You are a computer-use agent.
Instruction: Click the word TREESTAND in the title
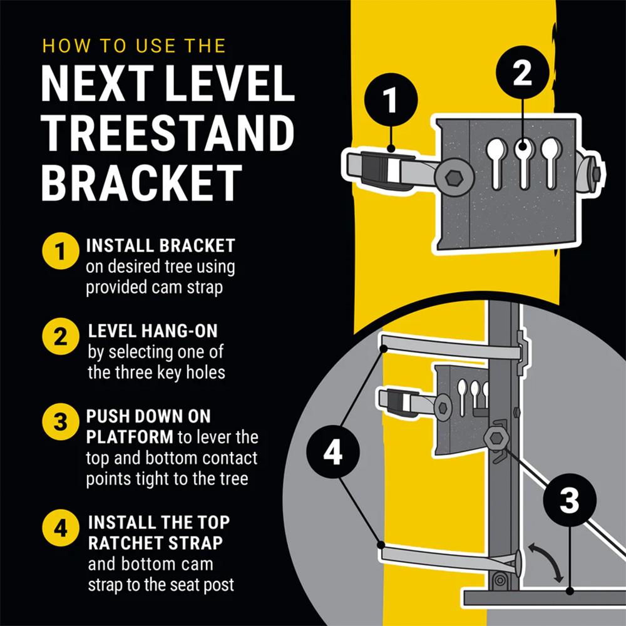tap(168, 133)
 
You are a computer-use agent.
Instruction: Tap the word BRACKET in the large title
tap(141, 182)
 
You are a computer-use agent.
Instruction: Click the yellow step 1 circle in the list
tap(59, 252)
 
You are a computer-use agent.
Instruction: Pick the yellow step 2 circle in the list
tap(59, 337)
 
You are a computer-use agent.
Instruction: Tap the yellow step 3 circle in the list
tap(59, 421)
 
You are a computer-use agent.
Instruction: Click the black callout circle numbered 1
tap(390, 101)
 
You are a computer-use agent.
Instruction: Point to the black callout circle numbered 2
tap(522, 74)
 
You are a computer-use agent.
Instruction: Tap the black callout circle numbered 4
tap(332, 452)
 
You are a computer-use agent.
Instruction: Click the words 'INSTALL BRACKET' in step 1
tap(160, 245)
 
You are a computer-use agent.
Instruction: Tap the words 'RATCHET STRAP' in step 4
tap(155, 543)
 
